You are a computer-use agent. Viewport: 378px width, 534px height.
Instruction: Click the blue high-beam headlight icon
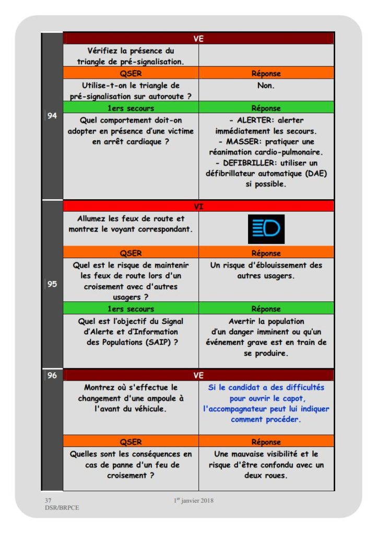coord(266,229)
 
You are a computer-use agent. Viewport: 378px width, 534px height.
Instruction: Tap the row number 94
coord(52,116)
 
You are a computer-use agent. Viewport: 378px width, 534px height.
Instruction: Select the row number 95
coord(52,285)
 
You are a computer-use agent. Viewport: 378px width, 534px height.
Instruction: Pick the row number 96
coord(52,375)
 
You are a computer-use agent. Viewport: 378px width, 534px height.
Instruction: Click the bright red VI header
coord(198,207)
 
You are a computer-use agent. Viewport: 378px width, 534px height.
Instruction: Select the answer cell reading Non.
coord(266,86)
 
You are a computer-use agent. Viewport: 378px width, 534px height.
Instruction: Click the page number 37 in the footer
coord(48,501)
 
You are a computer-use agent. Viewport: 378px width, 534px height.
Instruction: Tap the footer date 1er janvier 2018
coord(194,501)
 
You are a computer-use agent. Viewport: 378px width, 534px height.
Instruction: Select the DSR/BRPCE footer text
coord(62,508)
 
